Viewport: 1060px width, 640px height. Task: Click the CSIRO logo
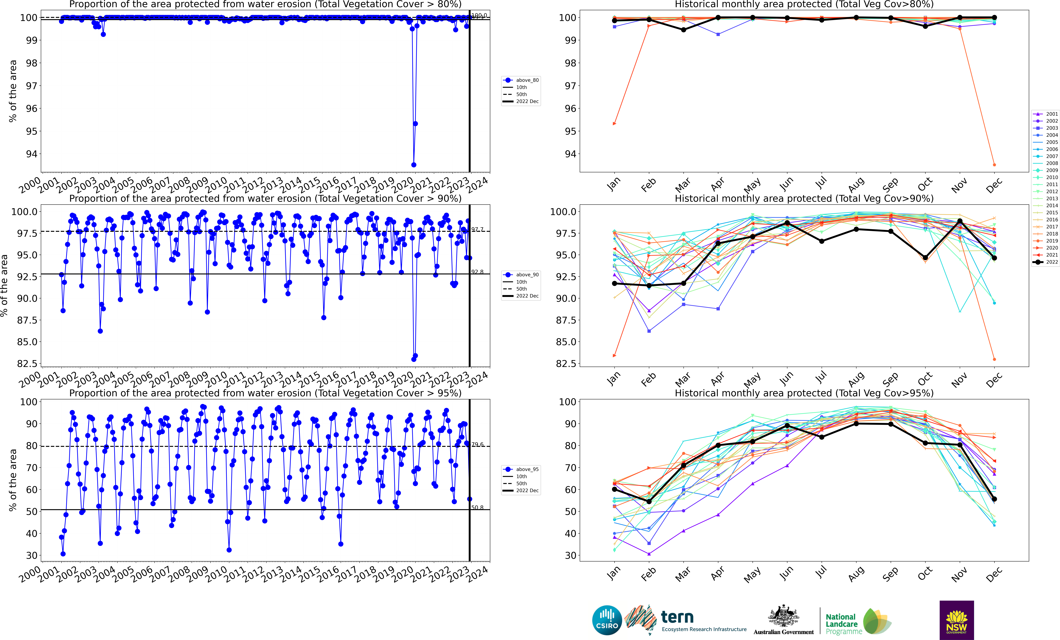coord(607,620)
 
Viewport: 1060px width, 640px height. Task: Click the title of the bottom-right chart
coord(804,393)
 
